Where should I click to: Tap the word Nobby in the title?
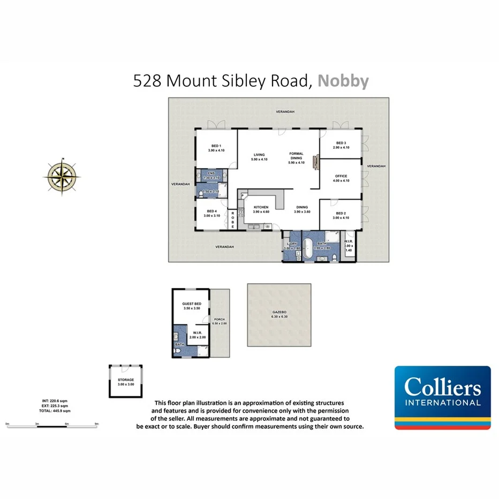click(343, 81)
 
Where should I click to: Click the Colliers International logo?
click(442, 397)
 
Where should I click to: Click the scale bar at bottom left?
click(52, 425)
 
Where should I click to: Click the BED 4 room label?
click(211, 213)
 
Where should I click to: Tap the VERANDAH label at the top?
click(285, 111)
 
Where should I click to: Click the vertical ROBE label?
click(233, 220)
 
